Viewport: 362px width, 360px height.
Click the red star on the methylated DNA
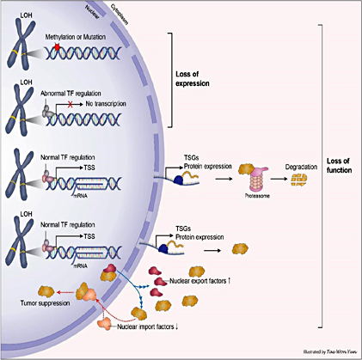[x=57, y=49]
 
